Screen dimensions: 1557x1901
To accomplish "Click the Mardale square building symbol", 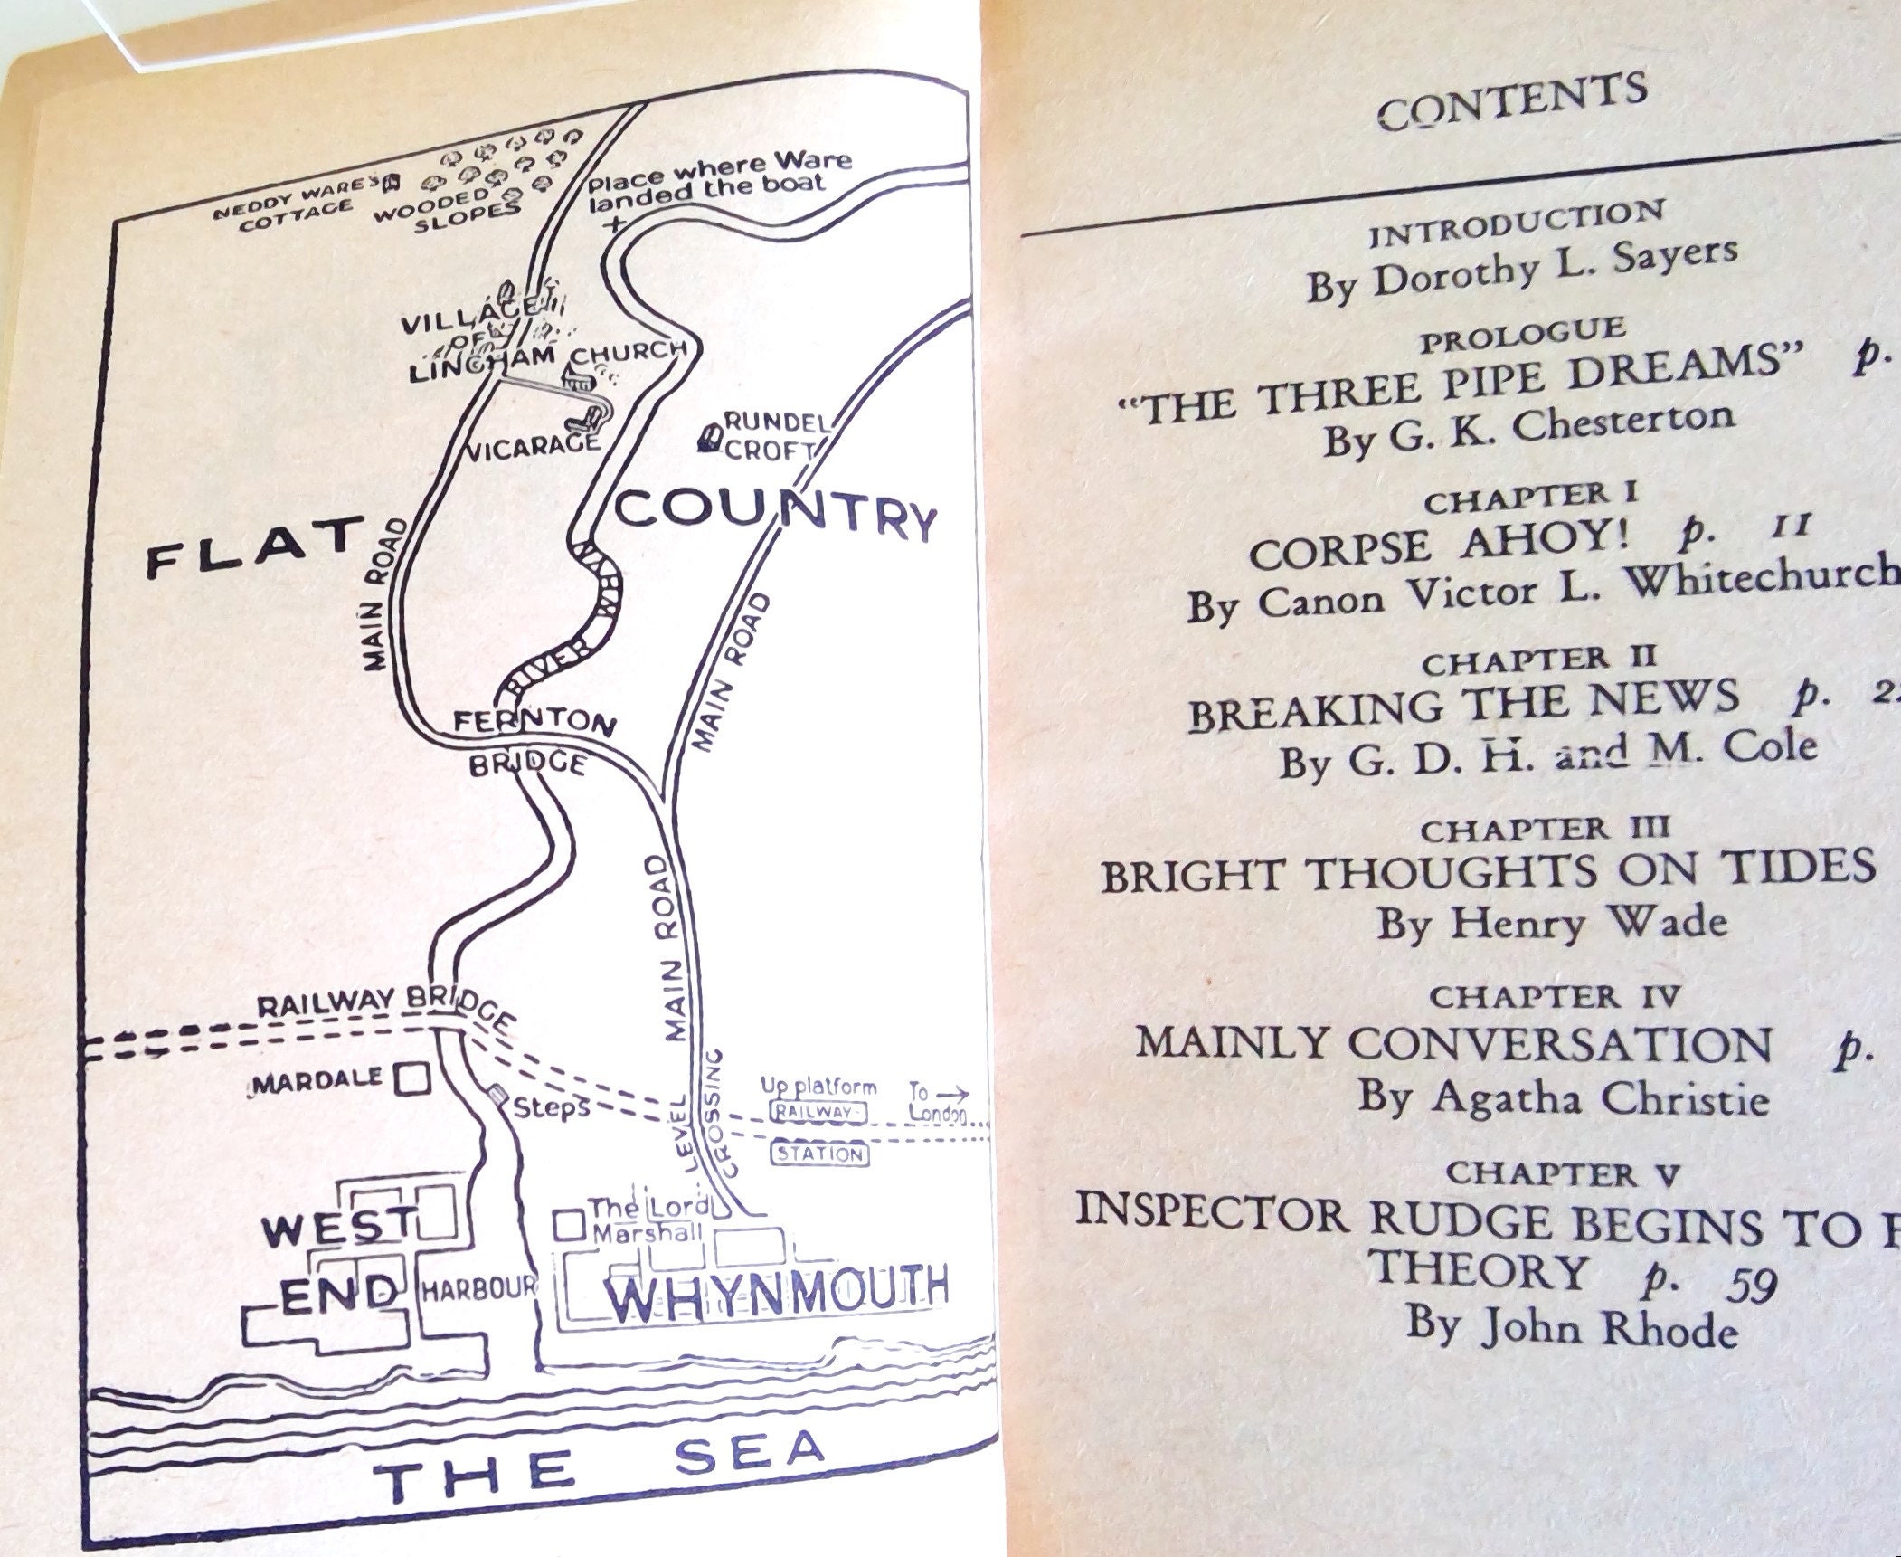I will click(x=414, y=1079).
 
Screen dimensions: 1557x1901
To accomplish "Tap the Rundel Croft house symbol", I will click(x=708, y=437).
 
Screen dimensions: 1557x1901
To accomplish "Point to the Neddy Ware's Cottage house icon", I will click(x=392, y=183).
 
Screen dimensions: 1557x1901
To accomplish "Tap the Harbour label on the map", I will click(x=478, y=1289).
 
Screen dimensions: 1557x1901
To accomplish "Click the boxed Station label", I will click(x=818, y=1154).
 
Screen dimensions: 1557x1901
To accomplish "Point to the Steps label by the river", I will click(x=551, y=1107).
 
